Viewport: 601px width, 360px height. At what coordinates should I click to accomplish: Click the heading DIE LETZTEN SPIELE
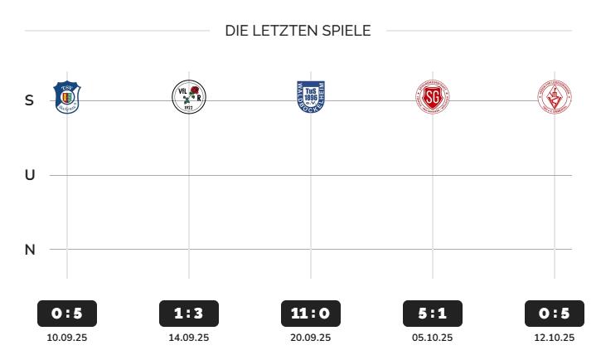[298, 32]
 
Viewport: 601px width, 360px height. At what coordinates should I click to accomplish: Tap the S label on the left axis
[30, 100]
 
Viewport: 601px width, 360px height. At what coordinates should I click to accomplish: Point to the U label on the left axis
[30, 175]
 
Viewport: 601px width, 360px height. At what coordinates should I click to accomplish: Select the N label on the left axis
[30, 249]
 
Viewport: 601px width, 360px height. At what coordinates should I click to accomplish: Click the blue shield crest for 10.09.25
[66, 97]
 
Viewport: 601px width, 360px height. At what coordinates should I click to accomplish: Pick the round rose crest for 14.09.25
[188, 98]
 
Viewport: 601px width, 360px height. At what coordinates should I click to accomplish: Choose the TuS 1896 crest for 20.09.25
[311, 97]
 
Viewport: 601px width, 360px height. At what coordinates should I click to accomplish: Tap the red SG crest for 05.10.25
[433, 98]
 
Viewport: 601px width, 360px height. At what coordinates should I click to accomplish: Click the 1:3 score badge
[188, 314]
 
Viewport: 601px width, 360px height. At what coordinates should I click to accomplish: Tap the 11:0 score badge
[311, 314]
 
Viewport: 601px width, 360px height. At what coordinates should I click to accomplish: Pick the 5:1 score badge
[433, 314]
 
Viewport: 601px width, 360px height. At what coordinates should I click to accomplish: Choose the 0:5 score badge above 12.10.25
[555, 314]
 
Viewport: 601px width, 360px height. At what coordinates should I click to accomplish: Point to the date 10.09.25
[67, 338]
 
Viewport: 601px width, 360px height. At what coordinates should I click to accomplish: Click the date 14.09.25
[188, 338]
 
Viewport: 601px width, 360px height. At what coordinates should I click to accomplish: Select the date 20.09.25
[311, 338]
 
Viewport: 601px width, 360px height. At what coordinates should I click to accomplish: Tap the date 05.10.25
[433, 338]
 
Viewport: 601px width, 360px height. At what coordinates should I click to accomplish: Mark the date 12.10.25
[555, 338]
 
